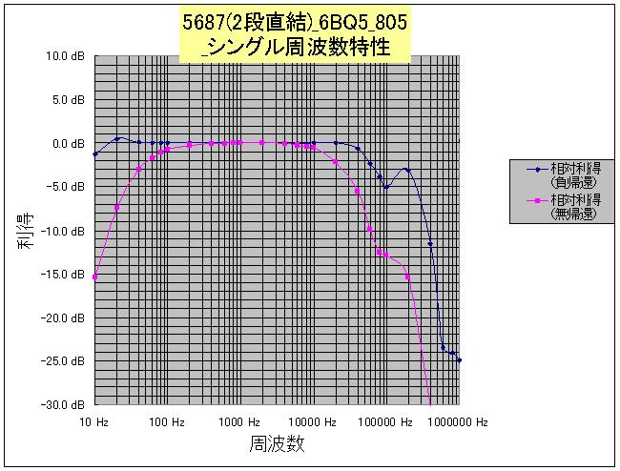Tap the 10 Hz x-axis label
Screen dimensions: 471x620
coord(94,421)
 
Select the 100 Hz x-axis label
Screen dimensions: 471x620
coord(167,421)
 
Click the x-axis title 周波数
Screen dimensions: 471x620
coord(278,445)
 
